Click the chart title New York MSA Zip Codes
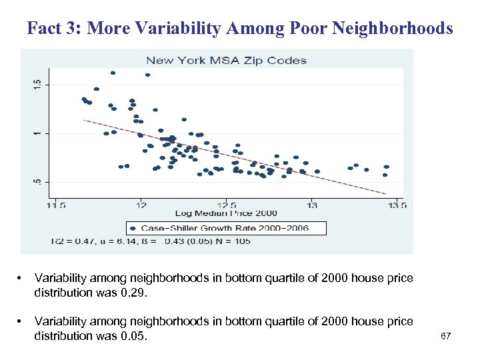(x=226, y=60)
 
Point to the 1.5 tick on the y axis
(x=37, y=83)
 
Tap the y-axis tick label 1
(x=37, y=133)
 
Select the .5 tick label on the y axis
(x=37, y=181)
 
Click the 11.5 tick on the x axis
(x=56, y=205)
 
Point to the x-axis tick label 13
(x=312, y=205)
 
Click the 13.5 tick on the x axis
(x=397, y=205)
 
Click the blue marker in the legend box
(x=134, y=228)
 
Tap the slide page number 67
(x=446, y=336)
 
